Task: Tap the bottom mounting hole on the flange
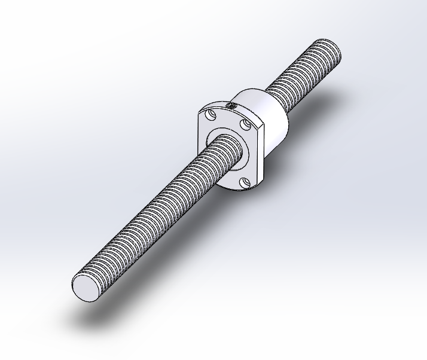(x=243, y=182)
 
